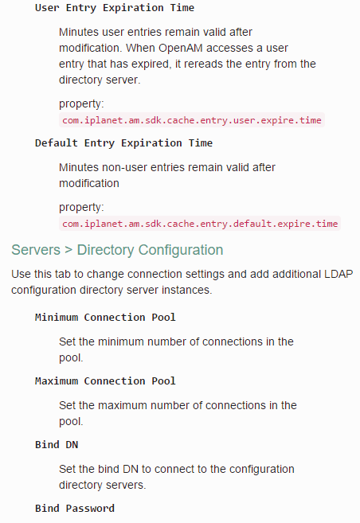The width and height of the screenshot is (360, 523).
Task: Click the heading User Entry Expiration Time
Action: tap(115, 8)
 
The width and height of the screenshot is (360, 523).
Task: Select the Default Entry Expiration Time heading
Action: tap(123, 143)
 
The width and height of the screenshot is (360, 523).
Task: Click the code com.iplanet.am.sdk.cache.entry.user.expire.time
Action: tap(192, 120)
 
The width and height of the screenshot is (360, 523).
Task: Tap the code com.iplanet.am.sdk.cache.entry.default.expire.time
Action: tap(200, 224)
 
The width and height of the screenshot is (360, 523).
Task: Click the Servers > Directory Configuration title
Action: tap(117, 250)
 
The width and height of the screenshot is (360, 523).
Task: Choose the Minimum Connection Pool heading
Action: tap(105, 317)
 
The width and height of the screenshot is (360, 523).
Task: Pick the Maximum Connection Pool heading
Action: tap(105, 381)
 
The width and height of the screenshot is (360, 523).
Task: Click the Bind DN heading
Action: tap(57, 445)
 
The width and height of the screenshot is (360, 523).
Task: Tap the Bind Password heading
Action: tap(75, 509)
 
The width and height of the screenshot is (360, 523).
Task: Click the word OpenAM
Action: tap(180, 49)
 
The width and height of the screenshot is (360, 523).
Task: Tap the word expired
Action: tap(151, 64)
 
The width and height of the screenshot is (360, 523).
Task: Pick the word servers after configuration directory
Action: tap(126, 485)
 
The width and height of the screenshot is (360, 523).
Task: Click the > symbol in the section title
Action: tap(68, 250)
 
